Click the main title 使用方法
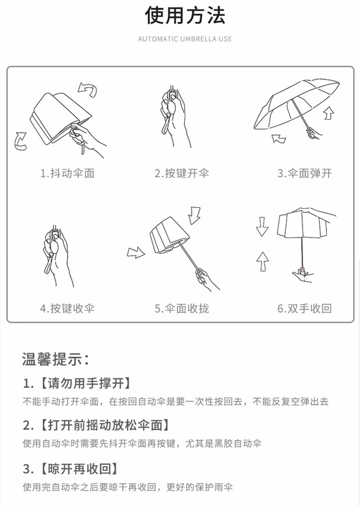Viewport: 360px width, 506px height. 185,16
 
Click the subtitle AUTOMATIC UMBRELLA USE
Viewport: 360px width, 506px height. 185,39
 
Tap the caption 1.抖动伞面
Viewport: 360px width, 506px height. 67,173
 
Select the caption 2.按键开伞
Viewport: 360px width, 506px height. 182,173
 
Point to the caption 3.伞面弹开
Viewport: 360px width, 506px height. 304,173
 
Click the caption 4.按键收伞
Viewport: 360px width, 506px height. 67,308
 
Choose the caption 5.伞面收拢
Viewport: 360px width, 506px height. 182,308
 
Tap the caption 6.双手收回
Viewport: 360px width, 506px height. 304,308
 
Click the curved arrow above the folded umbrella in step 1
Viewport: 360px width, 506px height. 88,89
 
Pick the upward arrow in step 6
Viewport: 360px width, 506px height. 263,261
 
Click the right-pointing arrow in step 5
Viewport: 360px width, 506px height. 136,253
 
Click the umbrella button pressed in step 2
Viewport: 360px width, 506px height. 173,96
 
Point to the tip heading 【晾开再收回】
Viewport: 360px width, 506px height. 78,469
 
